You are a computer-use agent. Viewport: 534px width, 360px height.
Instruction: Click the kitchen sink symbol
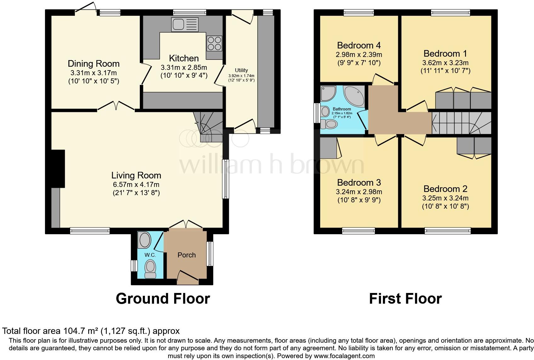point(185,25)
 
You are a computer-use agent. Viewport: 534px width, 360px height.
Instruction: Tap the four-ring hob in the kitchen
point(214,43)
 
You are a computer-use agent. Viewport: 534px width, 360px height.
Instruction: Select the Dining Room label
point(94,64)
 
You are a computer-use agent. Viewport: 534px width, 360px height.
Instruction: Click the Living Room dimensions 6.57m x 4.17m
point(136,184)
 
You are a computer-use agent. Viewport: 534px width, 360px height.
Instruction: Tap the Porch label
point(186,255)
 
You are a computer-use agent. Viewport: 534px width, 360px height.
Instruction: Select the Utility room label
point(241,70)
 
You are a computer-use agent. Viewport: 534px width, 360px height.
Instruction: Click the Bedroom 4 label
point(359,45)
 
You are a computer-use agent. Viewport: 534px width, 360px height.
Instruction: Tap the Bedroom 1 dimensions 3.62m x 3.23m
point(445,62)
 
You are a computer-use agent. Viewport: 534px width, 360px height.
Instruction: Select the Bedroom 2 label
point(445,189)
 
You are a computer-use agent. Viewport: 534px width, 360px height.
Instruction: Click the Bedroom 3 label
point(359,183)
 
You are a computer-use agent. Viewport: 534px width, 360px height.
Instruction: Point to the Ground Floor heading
point(163,298)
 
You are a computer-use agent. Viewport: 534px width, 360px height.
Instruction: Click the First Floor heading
point(405,298)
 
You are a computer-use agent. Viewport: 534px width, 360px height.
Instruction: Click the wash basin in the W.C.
point(145,240)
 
